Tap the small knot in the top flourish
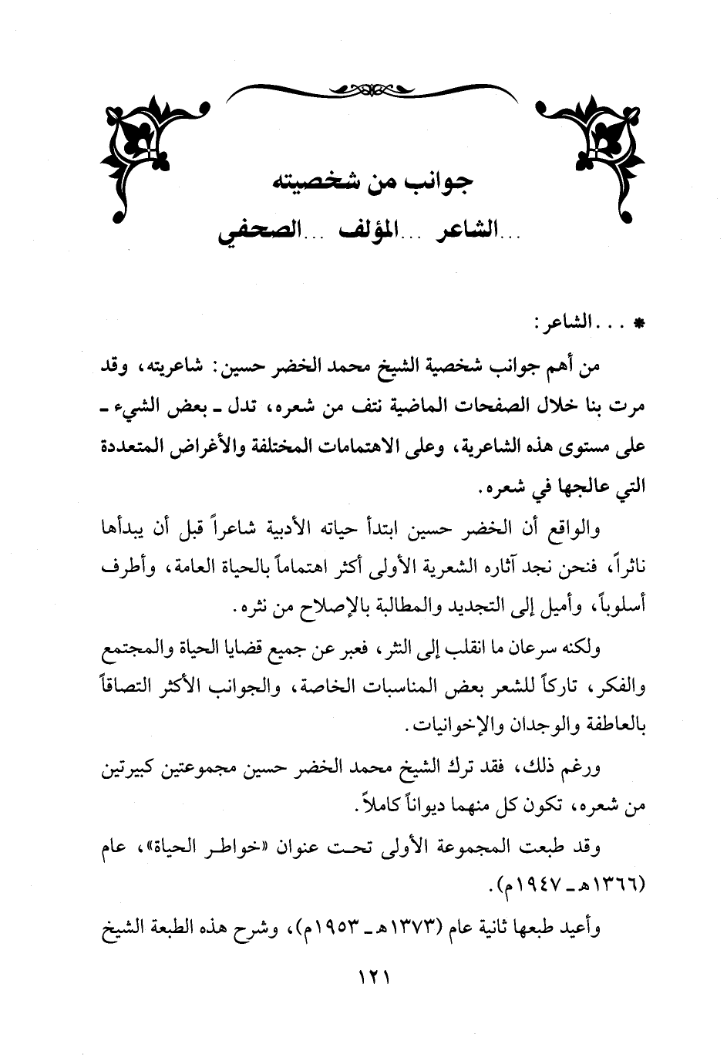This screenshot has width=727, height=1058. [x=363, y=89]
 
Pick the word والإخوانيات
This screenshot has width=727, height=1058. [x=456, y=726]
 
